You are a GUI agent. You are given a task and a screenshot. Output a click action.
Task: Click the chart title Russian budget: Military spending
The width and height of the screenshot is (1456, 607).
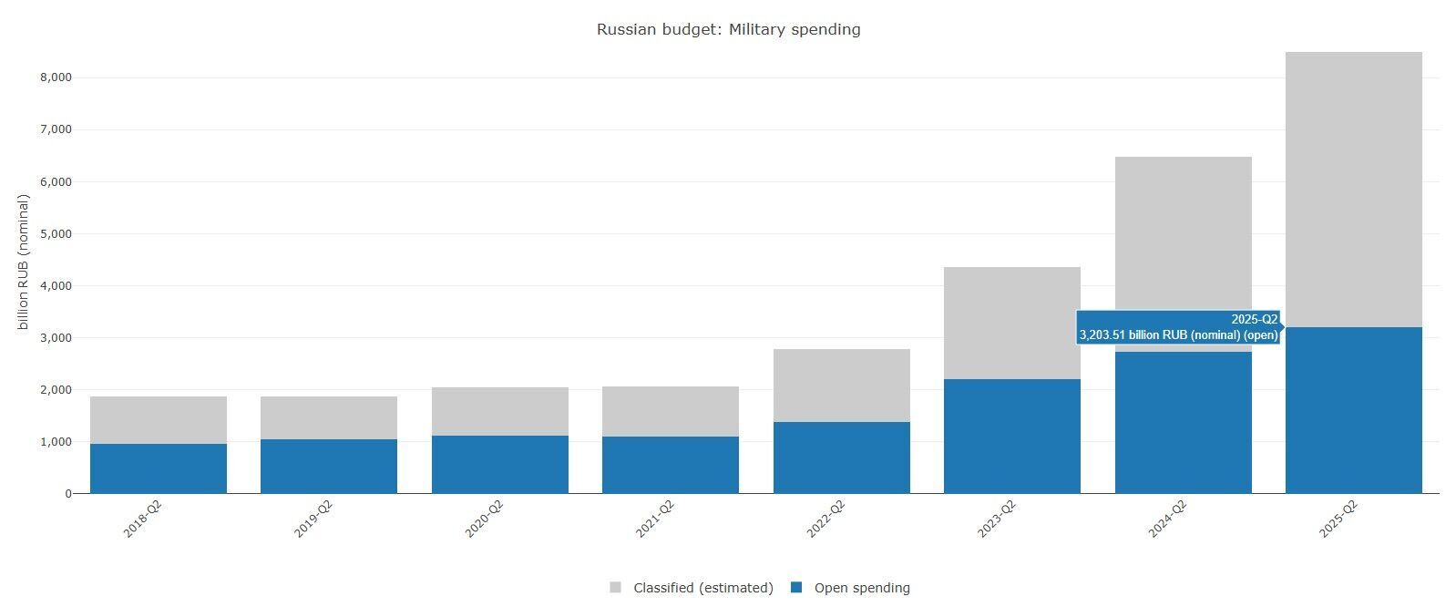[x=728, y=29]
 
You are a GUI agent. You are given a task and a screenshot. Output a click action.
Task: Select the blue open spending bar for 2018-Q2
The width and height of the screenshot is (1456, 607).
[x=159, y=468]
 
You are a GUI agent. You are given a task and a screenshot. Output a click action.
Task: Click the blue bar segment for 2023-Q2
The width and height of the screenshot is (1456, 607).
[x=1011, y=437]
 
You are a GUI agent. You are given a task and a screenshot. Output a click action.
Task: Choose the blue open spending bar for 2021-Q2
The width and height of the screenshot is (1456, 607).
[x=670, y=465]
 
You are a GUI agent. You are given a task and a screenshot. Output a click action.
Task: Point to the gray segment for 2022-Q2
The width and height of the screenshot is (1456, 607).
[x=841, y=386]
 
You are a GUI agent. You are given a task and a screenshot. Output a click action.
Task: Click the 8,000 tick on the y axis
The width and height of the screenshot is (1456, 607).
[x=56, y=78]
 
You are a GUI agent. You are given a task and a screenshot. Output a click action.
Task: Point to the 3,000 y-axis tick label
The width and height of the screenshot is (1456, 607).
[x=56, y=338]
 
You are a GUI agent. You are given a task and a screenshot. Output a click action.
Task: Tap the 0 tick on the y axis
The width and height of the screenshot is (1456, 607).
[x=67, y=494]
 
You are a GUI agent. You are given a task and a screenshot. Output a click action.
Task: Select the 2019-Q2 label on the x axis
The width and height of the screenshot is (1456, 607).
[x=313, y=519]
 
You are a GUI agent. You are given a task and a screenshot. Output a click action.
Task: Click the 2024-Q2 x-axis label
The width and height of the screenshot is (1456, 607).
[x=1167, y=519]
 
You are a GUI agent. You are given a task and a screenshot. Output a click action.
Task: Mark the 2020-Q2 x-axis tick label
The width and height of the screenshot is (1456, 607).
[x=484, y=519]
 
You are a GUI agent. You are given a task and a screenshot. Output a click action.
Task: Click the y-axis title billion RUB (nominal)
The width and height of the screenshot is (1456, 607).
[x=24, y=262]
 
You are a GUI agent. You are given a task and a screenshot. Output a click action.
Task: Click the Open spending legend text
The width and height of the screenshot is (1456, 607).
[x=861, y=588]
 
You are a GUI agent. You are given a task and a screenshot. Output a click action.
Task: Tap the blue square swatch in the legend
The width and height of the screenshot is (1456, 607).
[x=796, y=588]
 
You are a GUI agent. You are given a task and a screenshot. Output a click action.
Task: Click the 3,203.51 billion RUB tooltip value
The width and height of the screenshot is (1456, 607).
[x=1178, y=335]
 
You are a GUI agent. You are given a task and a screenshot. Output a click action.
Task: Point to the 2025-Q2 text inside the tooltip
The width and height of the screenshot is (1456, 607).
[x=1254, y=320]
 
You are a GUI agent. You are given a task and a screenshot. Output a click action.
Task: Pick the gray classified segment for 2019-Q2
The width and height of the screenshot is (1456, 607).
[x=329, y=417]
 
